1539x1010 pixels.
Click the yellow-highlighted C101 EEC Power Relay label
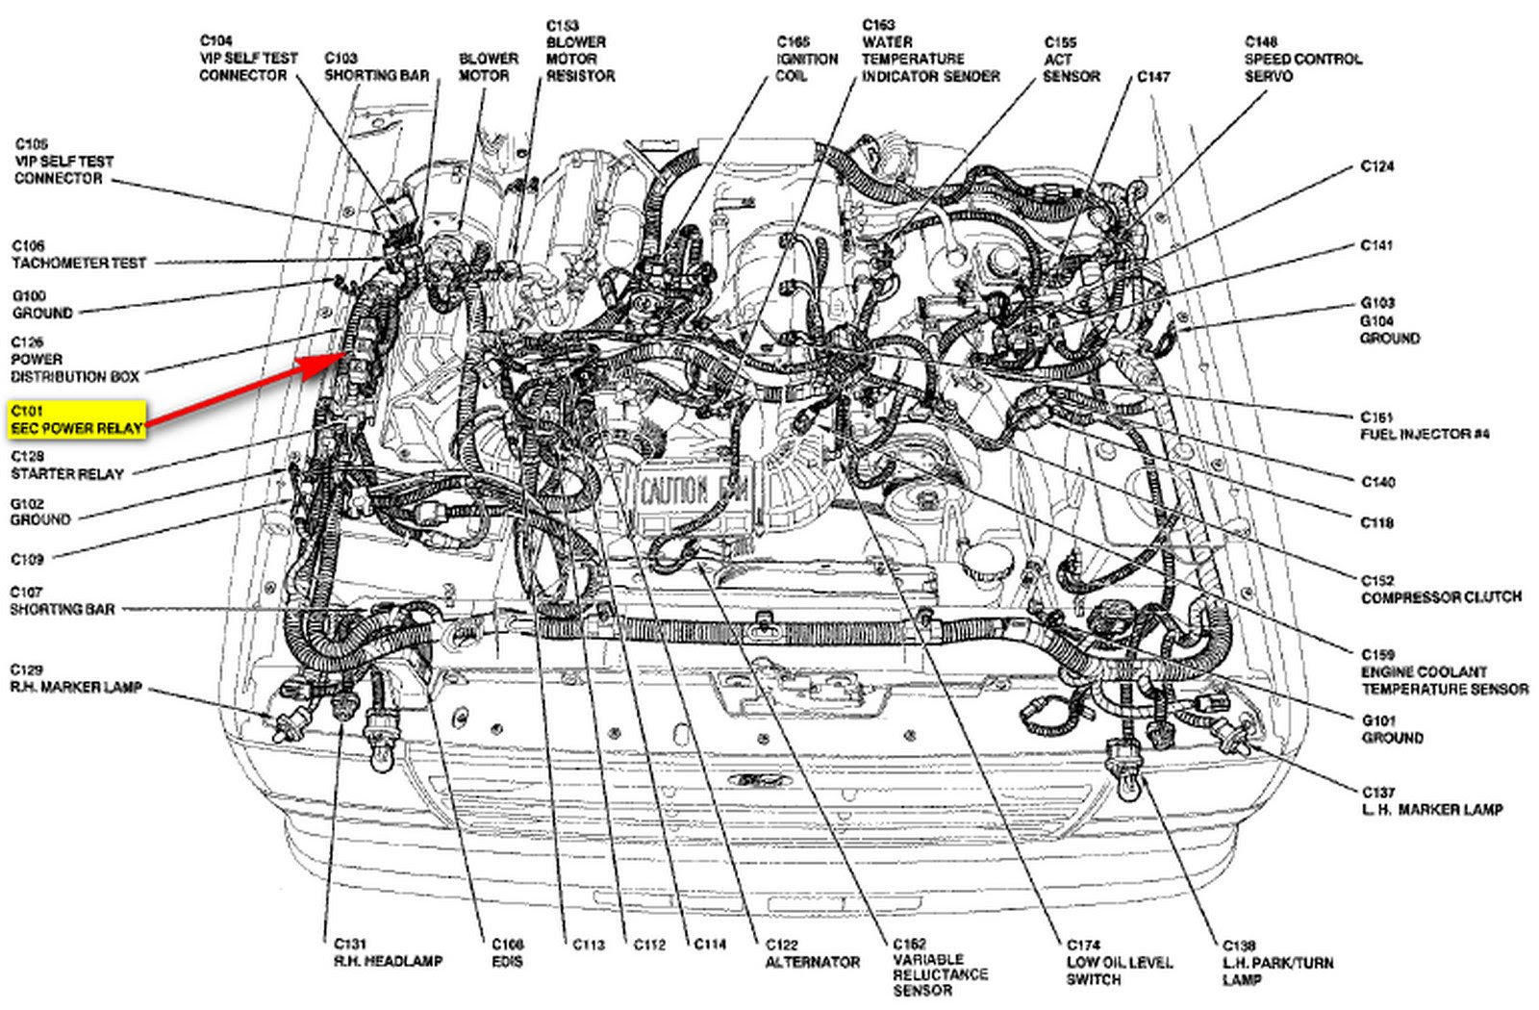(77, 419)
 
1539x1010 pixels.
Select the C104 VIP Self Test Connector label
(248, 58)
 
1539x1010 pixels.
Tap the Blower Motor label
(488, 66)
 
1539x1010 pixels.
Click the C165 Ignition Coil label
(806, 59)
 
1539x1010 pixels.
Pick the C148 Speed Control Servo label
(1302, 59)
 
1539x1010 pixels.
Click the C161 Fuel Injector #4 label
(1424, 425)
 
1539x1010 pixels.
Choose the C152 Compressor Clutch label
(1440, 589)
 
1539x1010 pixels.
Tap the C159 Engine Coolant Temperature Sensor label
(1443, 671)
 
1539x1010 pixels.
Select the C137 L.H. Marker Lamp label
(1431, 801)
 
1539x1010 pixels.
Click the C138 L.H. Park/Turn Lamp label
(1276, 962)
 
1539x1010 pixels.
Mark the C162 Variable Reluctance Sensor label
(939, 967)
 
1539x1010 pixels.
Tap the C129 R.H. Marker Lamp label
(76, 678)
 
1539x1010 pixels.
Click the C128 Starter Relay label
(66, 465)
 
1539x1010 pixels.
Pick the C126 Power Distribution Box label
(74, 360)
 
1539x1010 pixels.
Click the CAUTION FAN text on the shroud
(686, 492)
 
